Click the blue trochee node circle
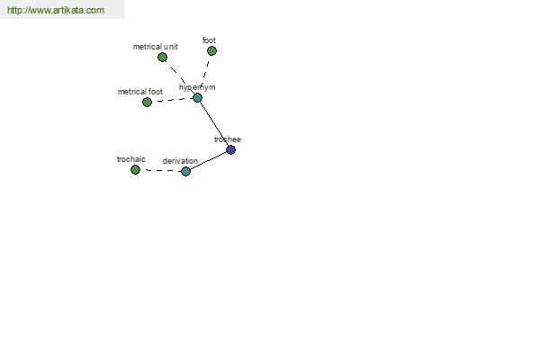pyautogui.click(x=230, y=150)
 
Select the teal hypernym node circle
pyautogui.click(x=197, y=98)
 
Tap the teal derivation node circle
pyautogui.click(x=185, y=171)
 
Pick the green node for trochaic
pyautogui.click(x=135, y=169)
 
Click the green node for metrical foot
pyautogui.click(x=147, y=102)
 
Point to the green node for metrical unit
pyautogui.click(x=162, y=58)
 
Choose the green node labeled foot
pyautogui.click(x=211, y=51)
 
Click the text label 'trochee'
pyautogui.click(x=228, y=139)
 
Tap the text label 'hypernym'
pyautogui.click(x=197, y=87)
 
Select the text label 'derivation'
pyautogui.click(x=180, y=161)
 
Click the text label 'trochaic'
pyautogui.click(x=130, y=159)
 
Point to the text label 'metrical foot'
pyautogui.click(x=140, y=92)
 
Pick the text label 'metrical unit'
pyautogui.click(x=156, y=47)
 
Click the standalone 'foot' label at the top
pyautogui.click(x=209, y=40)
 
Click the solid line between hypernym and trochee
pyautogui.click(x=214, y=124)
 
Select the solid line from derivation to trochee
pyautogui.click(x=209, y=160)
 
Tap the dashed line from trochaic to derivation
pyautogui.click(x=160, y=170)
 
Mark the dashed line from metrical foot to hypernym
pyautogui.click(x=172, y=100)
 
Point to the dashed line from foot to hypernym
pyautogui.click(x=205, y=71)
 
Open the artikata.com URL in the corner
pyautogui.click(x=56, y=10)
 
